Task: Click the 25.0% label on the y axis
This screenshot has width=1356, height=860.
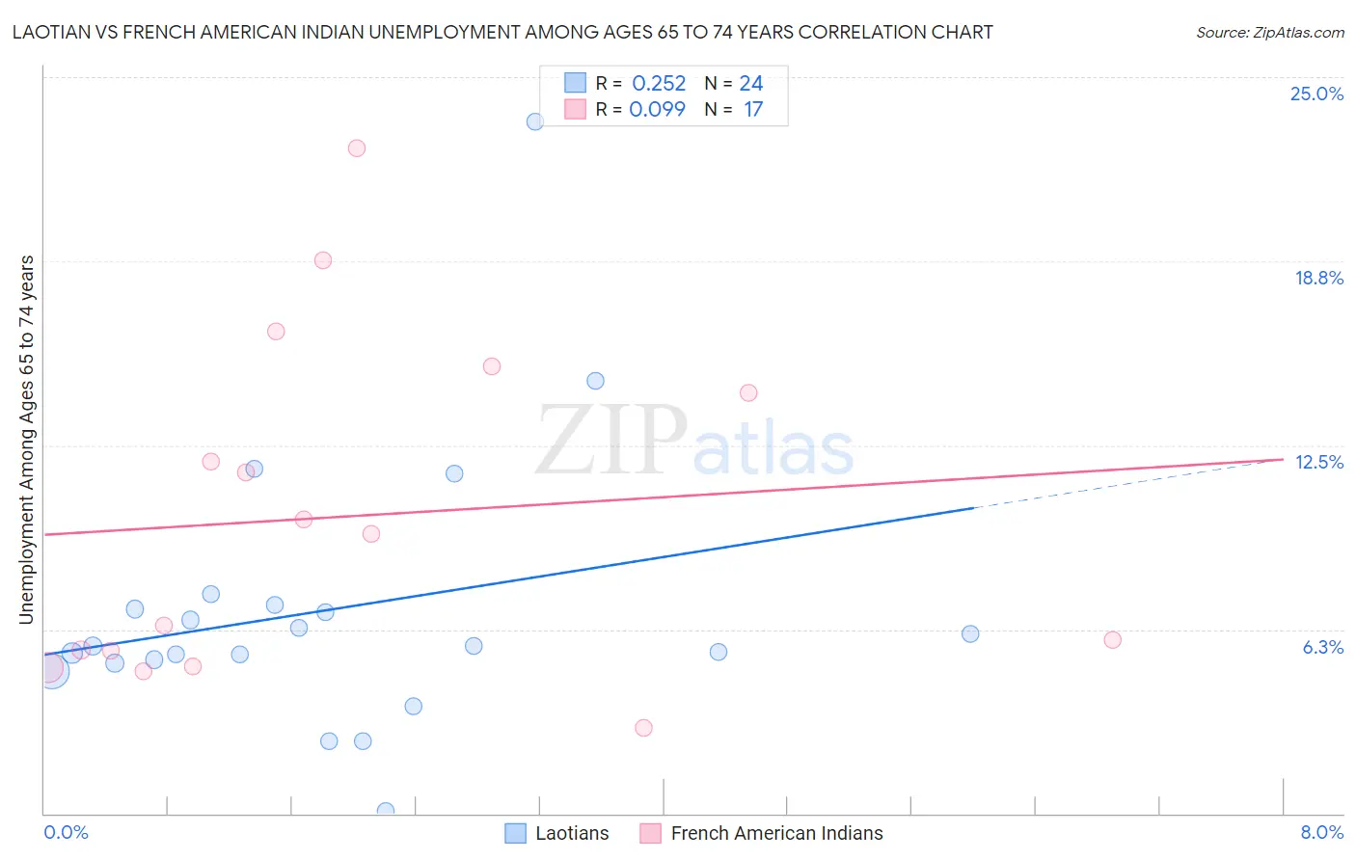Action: click(1316, 94)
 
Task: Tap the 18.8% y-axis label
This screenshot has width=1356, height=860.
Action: click(1318, 278)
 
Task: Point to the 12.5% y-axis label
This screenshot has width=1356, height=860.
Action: click(1318, 462)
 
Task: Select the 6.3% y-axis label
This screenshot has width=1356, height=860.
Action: click(1322, 647)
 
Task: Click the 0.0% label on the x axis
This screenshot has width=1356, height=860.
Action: click(66, 832)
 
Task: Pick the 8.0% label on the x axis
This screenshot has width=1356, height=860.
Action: click(1321, 832)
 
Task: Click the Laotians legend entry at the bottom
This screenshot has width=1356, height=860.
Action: click(571, 833)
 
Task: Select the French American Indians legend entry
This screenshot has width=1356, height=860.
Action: click(776, 833)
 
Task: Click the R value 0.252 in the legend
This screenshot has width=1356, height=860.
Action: click(659, 84)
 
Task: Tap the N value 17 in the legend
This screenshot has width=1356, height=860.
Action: click(753, 110)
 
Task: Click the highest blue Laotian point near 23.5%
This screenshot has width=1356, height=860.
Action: click(535, 121)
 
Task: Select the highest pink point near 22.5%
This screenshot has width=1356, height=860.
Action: click(357, 148)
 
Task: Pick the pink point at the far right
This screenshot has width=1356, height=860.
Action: click(1112, 640)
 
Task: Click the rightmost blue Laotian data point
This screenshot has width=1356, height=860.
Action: click(970, 634)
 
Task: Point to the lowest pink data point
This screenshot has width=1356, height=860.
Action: click(644, 728)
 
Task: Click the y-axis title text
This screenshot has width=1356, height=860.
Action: click(26, 440)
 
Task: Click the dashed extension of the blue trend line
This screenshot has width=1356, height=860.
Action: click(1128, 483)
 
